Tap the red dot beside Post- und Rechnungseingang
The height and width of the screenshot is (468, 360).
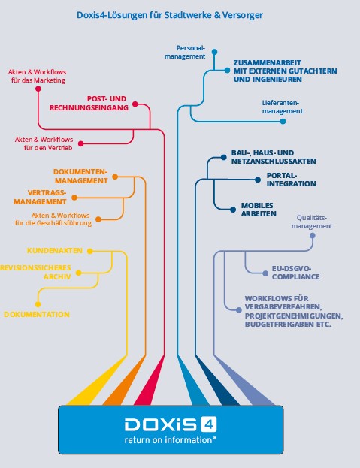click(135, 104)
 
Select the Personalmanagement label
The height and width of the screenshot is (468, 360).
click(185, 52)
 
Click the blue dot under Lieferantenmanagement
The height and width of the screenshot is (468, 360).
click(283, 122)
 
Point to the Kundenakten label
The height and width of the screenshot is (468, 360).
click(55, 250)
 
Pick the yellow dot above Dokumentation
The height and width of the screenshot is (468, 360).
click(38, 304)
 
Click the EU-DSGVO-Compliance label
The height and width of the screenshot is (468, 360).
click(295, 273)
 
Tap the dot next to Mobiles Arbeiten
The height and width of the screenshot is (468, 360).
click(233, 210)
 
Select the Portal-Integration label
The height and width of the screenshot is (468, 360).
click(292, 180)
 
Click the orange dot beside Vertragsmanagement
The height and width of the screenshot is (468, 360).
click(74, 198)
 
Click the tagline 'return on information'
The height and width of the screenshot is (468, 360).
click(168, 440)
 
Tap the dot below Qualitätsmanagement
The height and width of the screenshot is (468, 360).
click(313, 235)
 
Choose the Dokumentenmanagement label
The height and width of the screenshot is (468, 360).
click(80, 176)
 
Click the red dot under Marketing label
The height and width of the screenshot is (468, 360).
click(38, 89)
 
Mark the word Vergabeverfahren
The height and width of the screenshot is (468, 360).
click(283, 306)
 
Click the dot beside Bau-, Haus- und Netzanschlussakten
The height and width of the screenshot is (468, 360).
click(223, 157)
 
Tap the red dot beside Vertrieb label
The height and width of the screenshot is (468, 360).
click(81, 144)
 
